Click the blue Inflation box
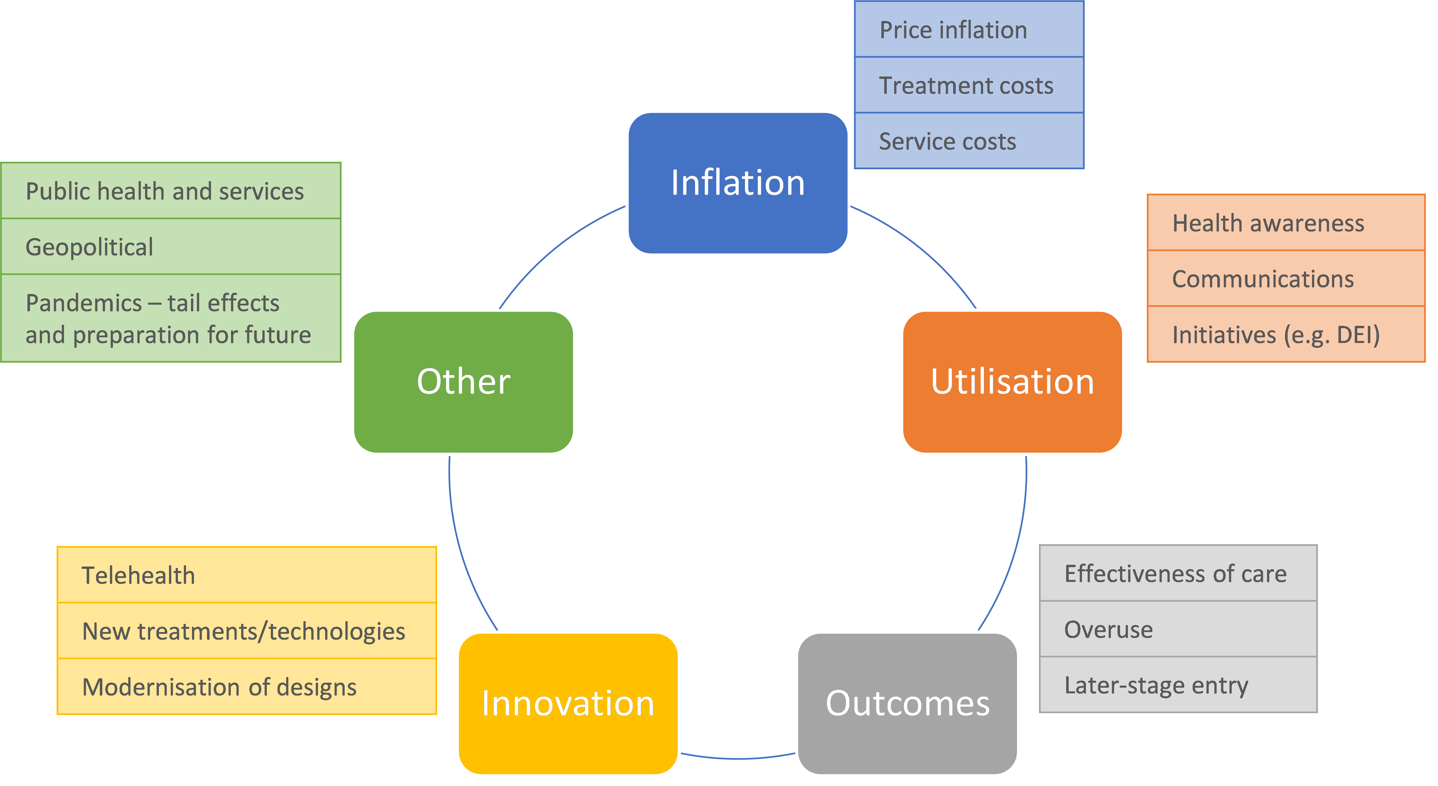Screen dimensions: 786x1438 [738, 183]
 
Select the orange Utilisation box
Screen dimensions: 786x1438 [1012, 382]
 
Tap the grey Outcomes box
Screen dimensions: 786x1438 [907, 703]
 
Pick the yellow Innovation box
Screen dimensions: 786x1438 [568, 703]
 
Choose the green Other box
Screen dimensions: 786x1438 [463, 382]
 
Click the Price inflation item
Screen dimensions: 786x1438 [953, 30]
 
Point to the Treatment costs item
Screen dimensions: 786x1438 [966, 85]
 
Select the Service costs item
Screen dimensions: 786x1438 [947, 141]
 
